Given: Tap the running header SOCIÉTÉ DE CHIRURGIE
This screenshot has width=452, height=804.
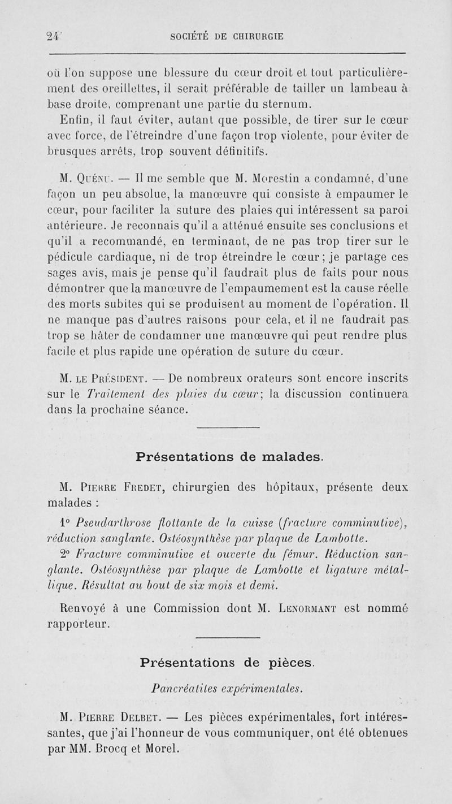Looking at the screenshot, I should pos(226,37).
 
